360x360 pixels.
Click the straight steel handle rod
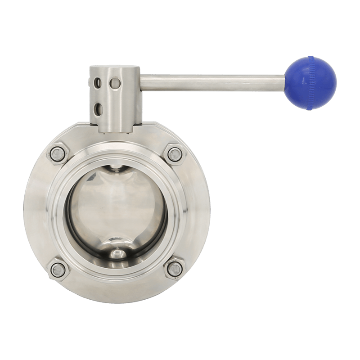[x=211, y=84]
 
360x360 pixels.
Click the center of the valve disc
[x=116, y=211]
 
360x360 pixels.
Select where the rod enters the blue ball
[x=285, y=84]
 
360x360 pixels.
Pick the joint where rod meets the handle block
[x=141, y=84]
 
